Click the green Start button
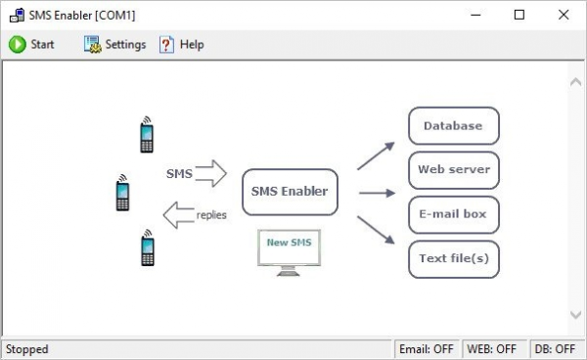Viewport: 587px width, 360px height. pos(31,44)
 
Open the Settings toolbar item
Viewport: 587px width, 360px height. pos(115,44)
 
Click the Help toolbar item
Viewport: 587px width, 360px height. pos(182,44)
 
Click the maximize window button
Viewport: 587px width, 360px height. pos(519,15)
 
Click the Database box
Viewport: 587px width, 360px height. pos(453,126)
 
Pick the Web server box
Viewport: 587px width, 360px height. pos(453,170)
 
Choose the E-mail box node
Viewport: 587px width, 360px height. pos(453,214)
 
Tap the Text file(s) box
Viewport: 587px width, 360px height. pos(453,259)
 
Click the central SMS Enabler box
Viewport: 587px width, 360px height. pos(290,192)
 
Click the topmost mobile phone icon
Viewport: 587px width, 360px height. pos(147,135)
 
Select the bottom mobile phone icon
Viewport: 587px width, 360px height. pos(147,248)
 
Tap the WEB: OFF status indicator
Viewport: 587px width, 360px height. pos(492,349)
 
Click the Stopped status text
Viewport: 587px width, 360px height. pos(27,349)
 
